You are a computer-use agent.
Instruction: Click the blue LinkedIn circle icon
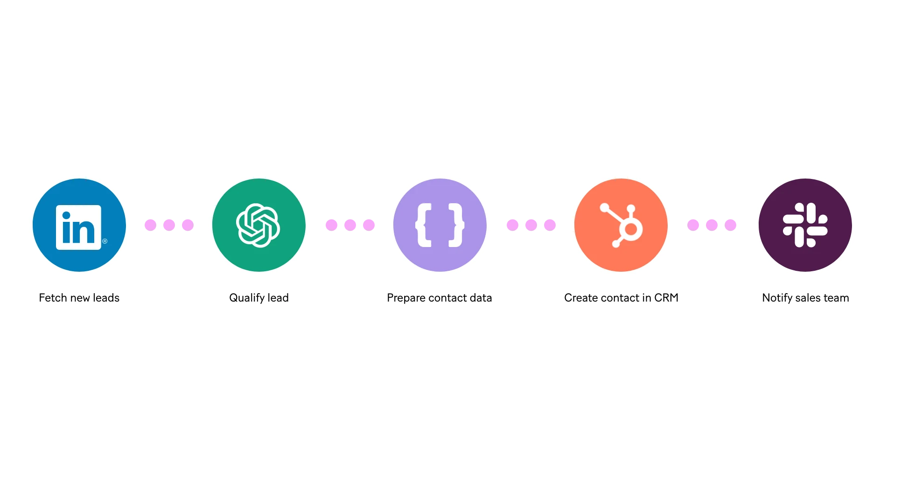click(x=79, y=225)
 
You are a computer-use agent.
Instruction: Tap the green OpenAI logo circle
click(x=258, y=225)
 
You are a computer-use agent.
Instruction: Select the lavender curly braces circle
click(x=440, y=225)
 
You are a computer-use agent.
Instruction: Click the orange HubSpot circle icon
click(x=621, y=225)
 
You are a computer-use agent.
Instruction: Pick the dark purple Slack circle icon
click(x=805, y=225)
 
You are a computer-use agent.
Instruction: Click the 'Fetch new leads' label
click(x=79, y=298)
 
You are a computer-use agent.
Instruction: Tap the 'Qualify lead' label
click(x=259, y=298)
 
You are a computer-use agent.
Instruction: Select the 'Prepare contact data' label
click(x=439, y=298)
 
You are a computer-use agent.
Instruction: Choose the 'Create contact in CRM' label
click(x=621, y=298)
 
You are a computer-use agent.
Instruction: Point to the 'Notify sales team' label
click(x=806, y=298)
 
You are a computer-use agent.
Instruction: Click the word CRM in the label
click(x=666, y=298)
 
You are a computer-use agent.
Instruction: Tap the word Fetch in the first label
click(x=53, y=298)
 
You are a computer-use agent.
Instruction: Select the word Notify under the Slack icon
click(x=777, y=298)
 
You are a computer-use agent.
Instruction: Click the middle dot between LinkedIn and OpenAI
click(x=168, y=225)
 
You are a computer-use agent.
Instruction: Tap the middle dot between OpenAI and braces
click(x=350, y=225)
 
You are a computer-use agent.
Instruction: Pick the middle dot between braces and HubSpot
click(x=531, y=225)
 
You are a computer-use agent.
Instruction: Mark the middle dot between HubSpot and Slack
click(x=712, y=225)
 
